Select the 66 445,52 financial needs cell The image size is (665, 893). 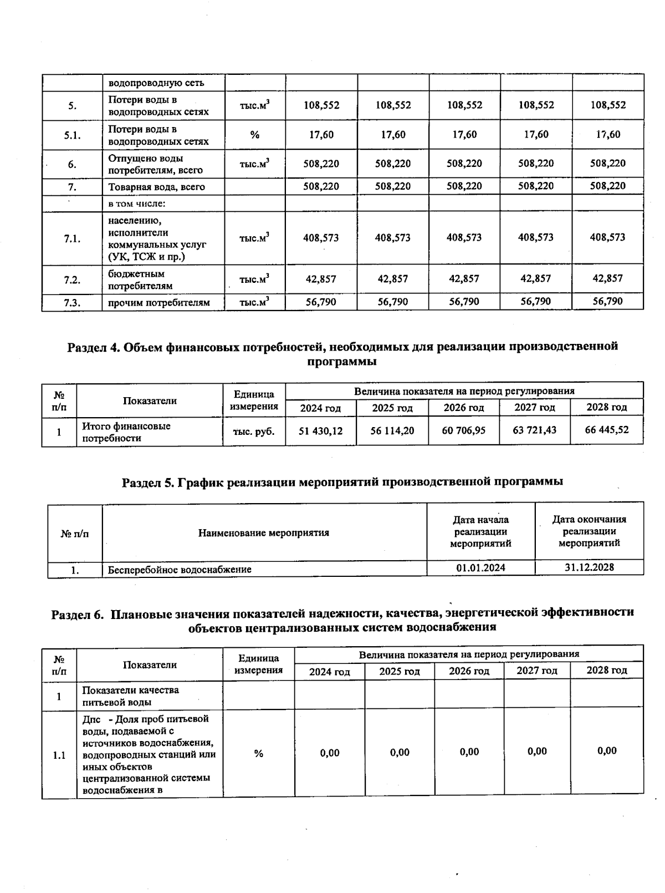click(607, 430)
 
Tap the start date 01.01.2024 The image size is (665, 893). click(480, 567)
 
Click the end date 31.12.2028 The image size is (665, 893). click(589, 567)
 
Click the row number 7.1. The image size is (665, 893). click(72, 239)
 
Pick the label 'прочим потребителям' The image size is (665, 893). click(159, 303)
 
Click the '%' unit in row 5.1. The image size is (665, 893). click(254, 135)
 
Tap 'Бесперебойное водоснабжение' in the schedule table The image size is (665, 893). click(180, 570)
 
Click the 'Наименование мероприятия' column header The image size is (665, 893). click(264, 533)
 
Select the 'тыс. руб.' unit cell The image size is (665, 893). click(254, 432)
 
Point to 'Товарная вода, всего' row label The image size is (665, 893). click(156, 187)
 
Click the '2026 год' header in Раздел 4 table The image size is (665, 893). click(463, 408)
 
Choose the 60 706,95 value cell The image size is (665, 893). click(463, 430)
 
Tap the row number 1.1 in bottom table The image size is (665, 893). click(59, 755)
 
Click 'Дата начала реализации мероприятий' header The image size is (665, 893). click(480, 531)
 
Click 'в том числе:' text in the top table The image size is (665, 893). click(137, 204)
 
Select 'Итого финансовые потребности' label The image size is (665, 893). click(126, 432)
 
